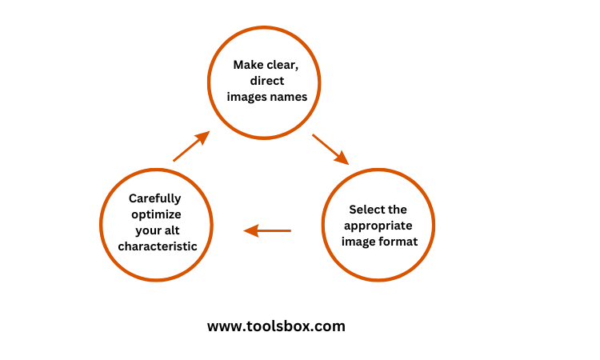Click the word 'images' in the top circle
tap(246, 97)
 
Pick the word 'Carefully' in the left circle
tap(155, 198)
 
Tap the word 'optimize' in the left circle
tap(157, 214)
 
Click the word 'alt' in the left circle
tap(174, 230)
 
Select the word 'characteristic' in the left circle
tap(158, 246)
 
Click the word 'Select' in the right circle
tap(366, 210)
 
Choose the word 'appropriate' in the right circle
tap(378, 226)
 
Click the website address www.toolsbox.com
tap(276, 326)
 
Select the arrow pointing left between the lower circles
tap(267, 231)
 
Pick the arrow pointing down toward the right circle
tap(330, 149)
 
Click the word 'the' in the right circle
tap(397, 210)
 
